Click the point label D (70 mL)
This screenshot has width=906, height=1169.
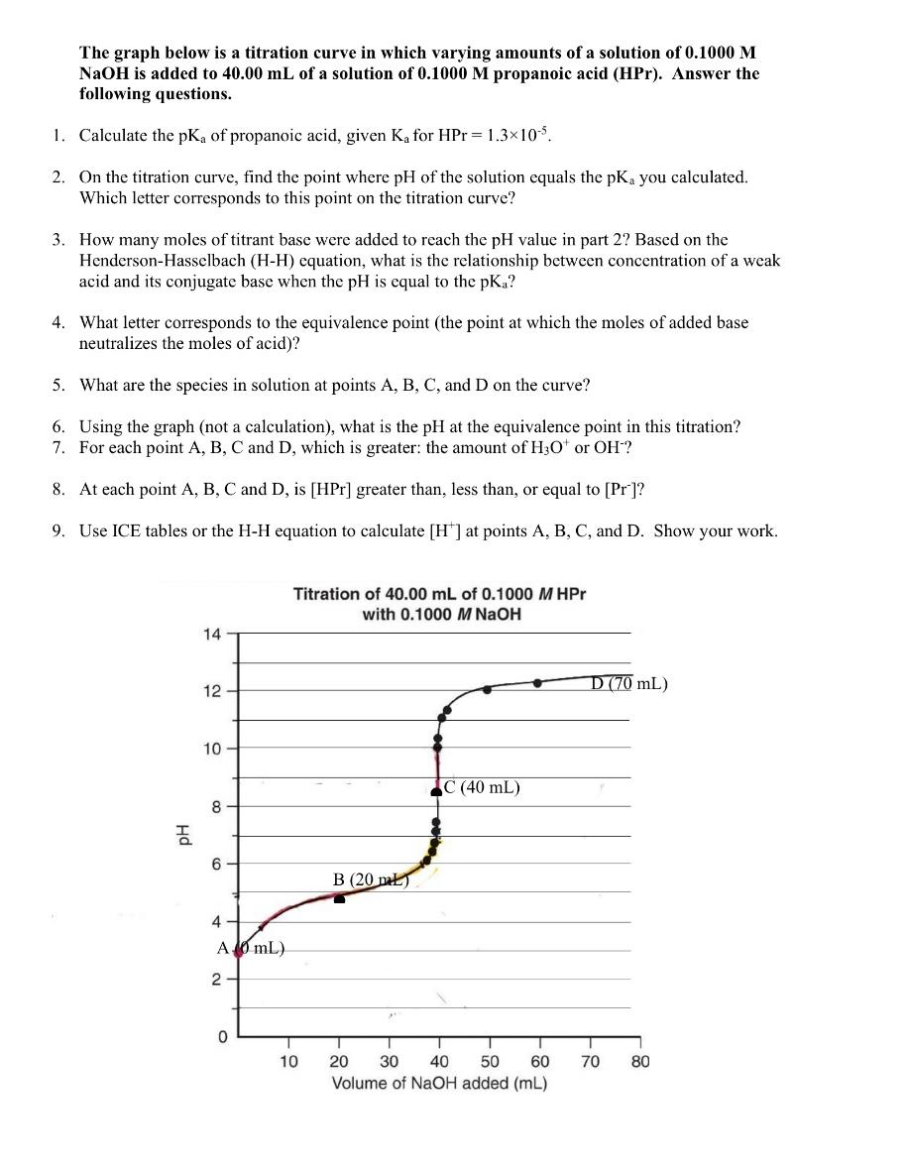click(x=629, y=683)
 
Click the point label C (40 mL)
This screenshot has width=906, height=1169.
click(x=482, y=788)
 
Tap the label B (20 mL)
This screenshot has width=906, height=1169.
click(x=370, y=879)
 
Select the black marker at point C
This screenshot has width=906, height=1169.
click(x=436, y=790)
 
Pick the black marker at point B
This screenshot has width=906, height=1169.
click(x=339, y=898)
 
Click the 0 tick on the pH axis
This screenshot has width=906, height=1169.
click(x=222, y=1037)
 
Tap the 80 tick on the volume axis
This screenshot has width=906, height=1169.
click(x=640, y=1062)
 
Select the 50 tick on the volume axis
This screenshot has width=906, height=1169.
click(x=490, y=1062)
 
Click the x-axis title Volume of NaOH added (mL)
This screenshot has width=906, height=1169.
click(x=439, y=1083)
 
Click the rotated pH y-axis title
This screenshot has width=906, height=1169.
click(x=181, y=835)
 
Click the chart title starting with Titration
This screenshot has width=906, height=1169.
click(x=439, y=604)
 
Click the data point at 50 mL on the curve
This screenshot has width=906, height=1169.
click(x=487, y=689)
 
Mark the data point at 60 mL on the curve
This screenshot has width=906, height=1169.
click(x=537, y=682)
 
